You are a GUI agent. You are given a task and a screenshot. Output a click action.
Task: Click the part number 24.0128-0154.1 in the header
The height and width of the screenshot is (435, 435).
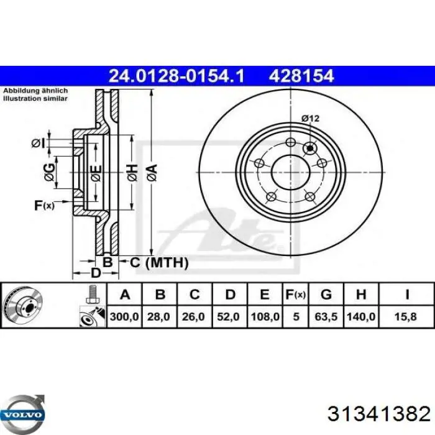(x=176, y=76)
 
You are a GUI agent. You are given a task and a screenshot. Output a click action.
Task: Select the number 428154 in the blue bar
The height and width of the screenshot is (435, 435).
(x=301, y=76)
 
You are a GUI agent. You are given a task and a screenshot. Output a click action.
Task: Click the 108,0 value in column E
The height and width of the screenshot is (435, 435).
(x=264, y=317)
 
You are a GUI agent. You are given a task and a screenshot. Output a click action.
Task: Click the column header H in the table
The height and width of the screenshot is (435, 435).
(x=361, y=295)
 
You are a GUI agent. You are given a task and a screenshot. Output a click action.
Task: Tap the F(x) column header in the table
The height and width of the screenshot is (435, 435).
(x=296, y=295)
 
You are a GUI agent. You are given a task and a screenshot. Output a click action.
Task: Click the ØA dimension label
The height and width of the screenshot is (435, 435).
(x=151, y=169)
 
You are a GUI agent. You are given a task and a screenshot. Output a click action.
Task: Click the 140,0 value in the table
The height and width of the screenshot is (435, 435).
(x=361, y=317)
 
